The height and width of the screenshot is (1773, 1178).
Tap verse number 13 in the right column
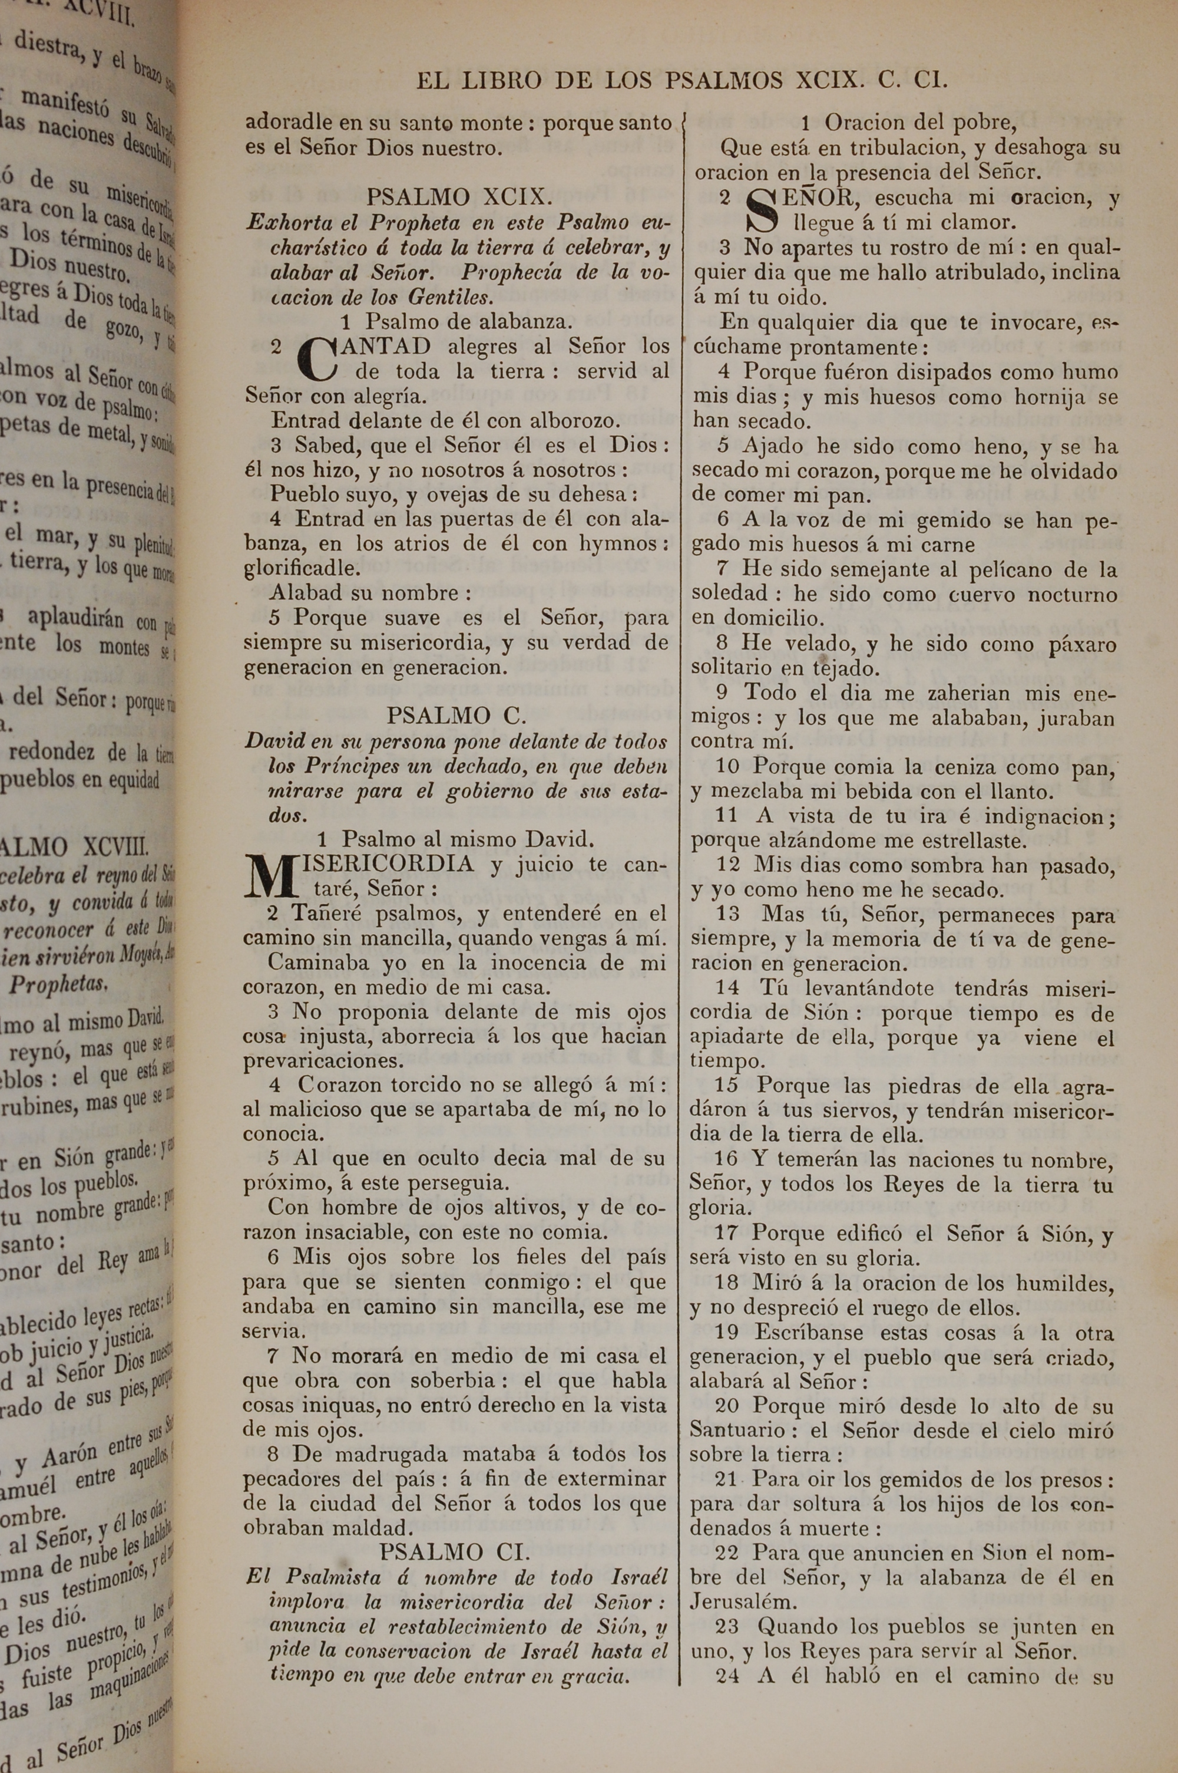click(x=728, y=914)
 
